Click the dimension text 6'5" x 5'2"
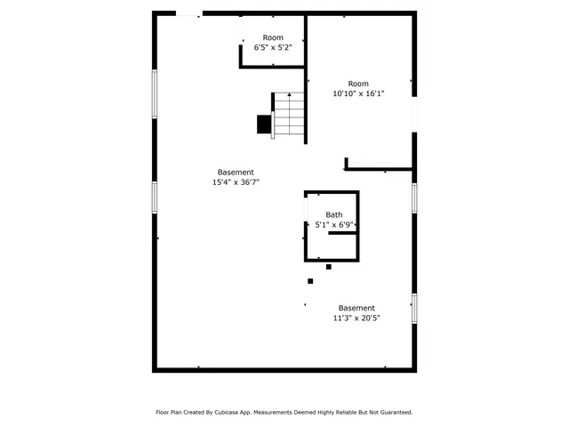point(272,47)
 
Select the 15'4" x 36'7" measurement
point(236,181)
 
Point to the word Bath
point(333,214)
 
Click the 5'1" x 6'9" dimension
point(333,225)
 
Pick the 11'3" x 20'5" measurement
point(356,318)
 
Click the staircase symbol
point(289,116)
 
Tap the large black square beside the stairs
point(264,125)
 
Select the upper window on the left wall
point(155,94)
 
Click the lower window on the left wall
point(155,197)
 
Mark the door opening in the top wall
point(188,13)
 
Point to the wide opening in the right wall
point(413,113)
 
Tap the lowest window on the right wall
point(413,308)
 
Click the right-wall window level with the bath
point(413,197)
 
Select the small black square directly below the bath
point(329,267)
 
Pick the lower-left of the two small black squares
point(310,281)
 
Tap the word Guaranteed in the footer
point(393,412)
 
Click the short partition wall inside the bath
point(342,233)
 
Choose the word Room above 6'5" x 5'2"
point(272,37)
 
